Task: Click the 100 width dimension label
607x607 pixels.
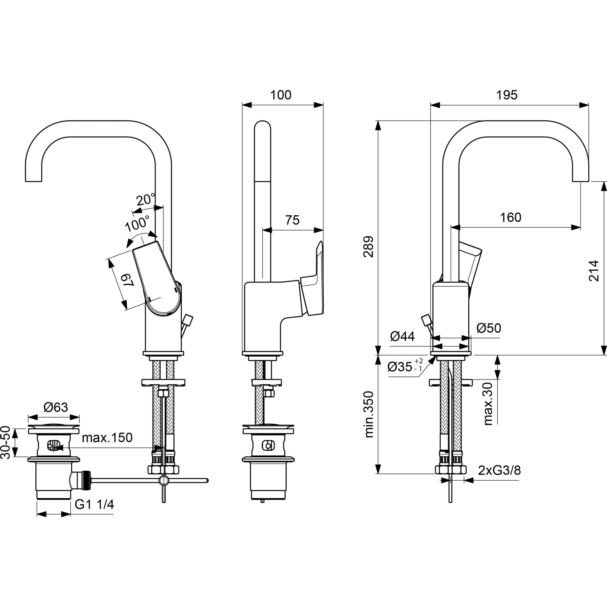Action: (280, 95)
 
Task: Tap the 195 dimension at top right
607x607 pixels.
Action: (507, 95)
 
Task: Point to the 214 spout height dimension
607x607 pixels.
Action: (593, 271)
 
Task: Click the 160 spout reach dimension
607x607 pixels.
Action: (510, 218)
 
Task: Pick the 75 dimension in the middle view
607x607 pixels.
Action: (292, 220)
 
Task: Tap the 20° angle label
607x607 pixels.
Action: (145, 200)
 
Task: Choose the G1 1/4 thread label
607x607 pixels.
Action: (95, 504)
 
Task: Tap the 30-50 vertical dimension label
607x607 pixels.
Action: (5, 442)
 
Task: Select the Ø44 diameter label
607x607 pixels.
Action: (402, 336)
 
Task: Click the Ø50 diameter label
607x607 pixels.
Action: (488, 328)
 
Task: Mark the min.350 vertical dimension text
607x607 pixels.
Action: (369, 414)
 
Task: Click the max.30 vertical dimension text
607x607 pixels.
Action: (488, 403)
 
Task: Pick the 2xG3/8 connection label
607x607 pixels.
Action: (499, 471)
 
